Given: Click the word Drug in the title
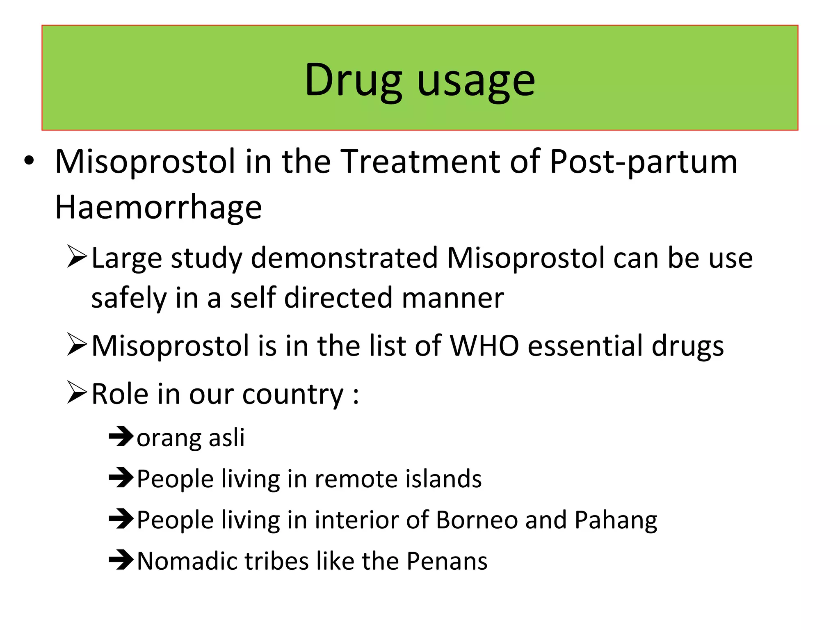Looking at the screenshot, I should click(353, 80).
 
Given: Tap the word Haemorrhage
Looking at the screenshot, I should click(158, 208).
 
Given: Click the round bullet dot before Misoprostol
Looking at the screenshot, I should click(29, 161).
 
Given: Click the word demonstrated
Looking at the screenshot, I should click(344, 258).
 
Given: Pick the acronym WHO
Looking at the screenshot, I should click(484, 346).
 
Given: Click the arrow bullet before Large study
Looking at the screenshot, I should click(77, 257).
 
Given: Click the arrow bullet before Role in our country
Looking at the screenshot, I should click(77, 393).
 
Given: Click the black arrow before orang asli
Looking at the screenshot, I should click(121, 437).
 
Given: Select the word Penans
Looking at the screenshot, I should click(447, 561).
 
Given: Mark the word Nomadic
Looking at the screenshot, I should click(187, 561).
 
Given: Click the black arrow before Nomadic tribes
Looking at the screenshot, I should click(121, 560).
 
